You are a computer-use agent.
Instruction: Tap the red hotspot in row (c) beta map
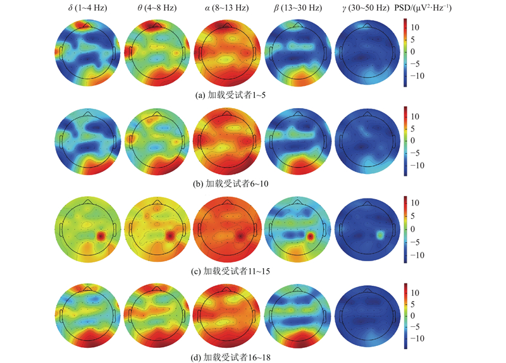tap(311, 237)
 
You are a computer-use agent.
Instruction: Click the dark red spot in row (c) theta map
tap(170, 235)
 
